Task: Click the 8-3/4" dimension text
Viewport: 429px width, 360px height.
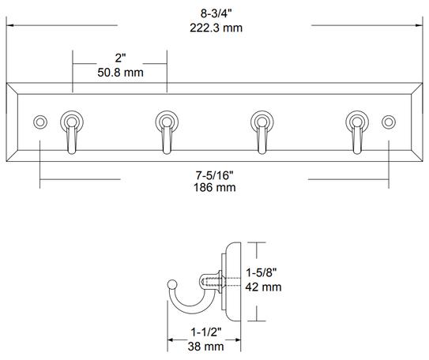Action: pyautogui.click(x=215, y=13)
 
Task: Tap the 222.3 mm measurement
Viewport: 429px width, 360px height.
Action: pyautogui.click(x=215, y=28)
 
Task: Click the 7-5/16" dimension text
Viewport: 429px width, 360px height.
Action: pyautogui.click(x=215, y=174)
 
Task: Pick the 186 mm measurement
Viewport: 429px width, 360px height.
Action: pyautogui.click(x=215, y=188)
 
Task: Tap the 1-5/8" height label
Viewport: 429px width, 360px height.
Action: pyautogui.click(x=262, y=272)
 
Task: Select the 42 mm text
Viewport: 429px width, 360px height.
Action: pyautogui.click(x=262, y=287)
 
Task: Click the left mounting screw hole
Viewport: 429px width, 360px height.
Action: pyautogui.click(x=40, y=122)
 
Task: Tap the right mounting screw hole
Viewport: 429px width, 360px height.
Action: pyautogui.click(x=388, y=122)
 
